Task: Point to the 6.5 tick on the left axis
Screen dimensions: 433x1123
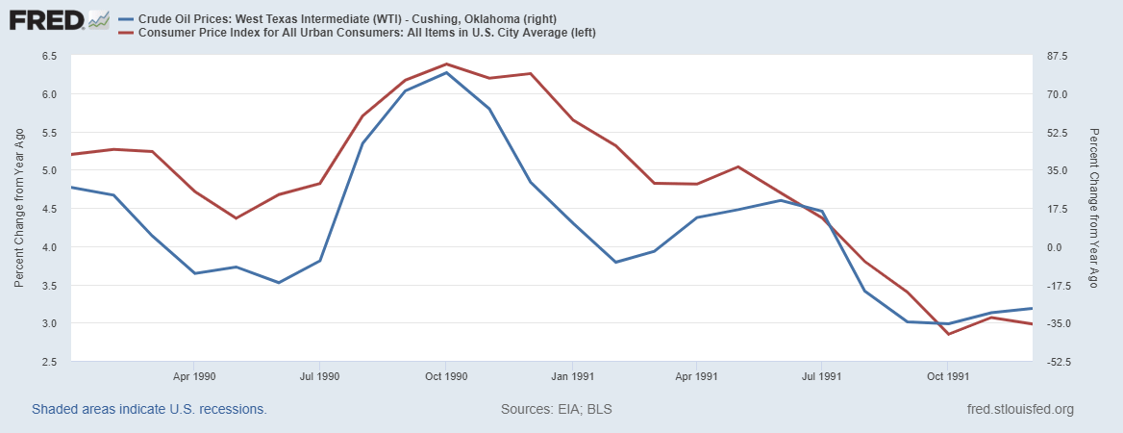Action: (49, 56)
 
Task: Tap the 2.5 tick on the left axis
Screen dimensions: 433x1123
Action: (49, 362)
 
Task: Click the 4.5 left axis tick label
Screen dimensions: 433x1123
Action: (49, 209)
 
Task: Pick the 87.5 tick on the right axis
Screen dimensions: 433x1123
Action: (1058, 56)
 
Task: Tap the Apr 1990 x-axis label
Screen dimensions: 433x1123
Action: (195, 376)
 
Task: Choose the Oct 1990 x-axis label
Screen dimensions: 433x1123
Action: (446, 376)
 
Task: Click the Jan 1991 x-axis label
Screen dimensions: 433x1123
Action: (572, 376)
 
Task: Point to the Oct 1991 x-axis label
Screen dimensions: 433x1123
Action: (948, 376)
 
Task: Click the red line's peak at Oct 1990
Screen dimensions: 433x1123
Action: (446, 64)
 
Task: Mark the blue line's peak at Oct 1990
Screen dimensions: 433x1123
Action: (446, 72)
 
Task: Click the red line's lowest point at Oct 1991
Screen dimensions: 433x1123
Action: (948, 334)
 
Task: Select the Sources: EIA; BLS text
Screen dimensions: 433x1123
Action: (557, 409)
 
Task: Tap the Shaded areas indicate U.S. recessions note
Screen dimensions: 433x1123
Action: (149, 409)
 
